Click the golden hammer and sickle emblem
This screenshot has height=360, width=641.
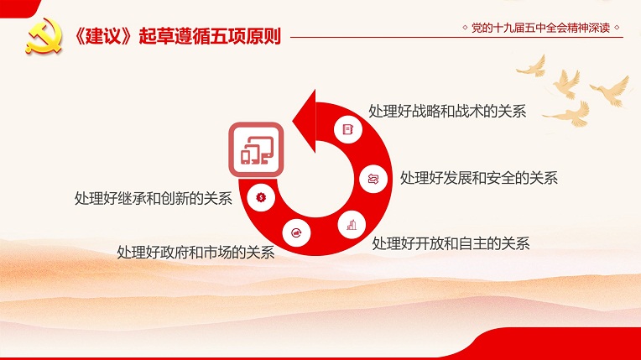click(x=44, y=36)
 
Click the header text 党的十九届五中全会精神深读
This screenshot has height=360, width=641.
click(x=540, y=28)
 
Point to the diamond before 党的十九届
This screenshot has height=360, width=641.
click(x=465, y=28)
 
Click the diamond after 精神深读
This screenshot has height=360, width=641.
click(x=617, y=28)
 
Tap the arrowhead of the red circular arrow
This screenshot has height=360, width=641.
click(x=305, y=121)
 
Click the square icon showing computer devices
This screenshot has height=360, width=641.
click(x=257, y=149)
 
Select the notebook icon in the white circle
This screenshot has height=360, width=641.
click(x=347, y=130)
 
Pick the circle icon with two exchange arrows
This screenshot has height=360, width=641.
click(x=373, y=179)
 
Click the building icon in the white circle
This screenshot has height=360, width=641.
click(x=352, y=225)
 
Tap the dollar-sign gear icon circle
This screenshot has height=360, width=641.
click(x=261, y=197)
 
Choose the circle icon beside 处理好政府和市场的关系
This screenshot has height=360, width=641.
click(x=296, y=233)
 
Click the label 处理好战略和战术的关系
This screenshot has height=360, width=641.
click(x=447, y=112)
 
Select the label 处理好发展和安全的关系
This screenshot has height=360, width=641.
click(x=479, y=178)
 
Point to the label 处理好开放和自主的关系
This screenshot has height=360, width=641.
click(x=451, y=244)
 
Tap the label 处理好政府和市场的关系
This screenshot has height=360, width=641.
click(x=195, y=253)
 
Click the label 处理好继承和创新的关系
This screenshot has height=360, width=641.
click(x=154, y=198)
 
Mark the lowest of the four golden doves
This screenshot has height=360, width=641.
click(x=571, y=115)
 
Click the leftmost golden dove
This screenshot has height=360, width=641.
click(x=533, y=67)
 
